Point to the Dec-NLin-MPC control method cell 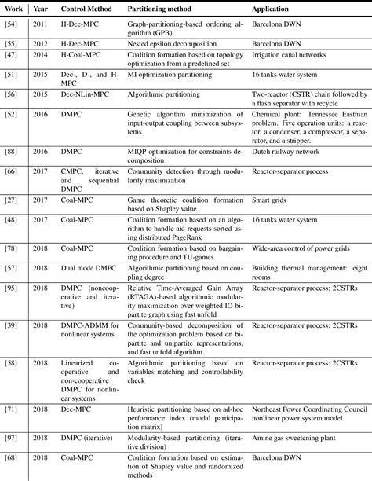(86, 94)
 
